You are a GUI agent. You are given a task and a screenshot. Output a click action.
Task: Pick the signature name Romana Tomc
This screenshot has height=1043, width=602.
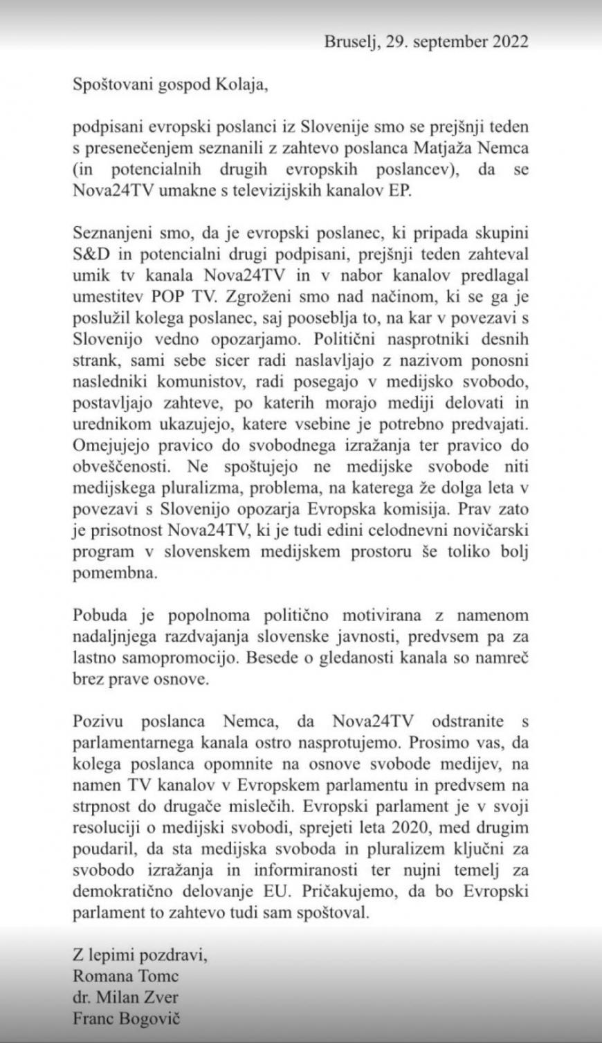click(x=125, y=977)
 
